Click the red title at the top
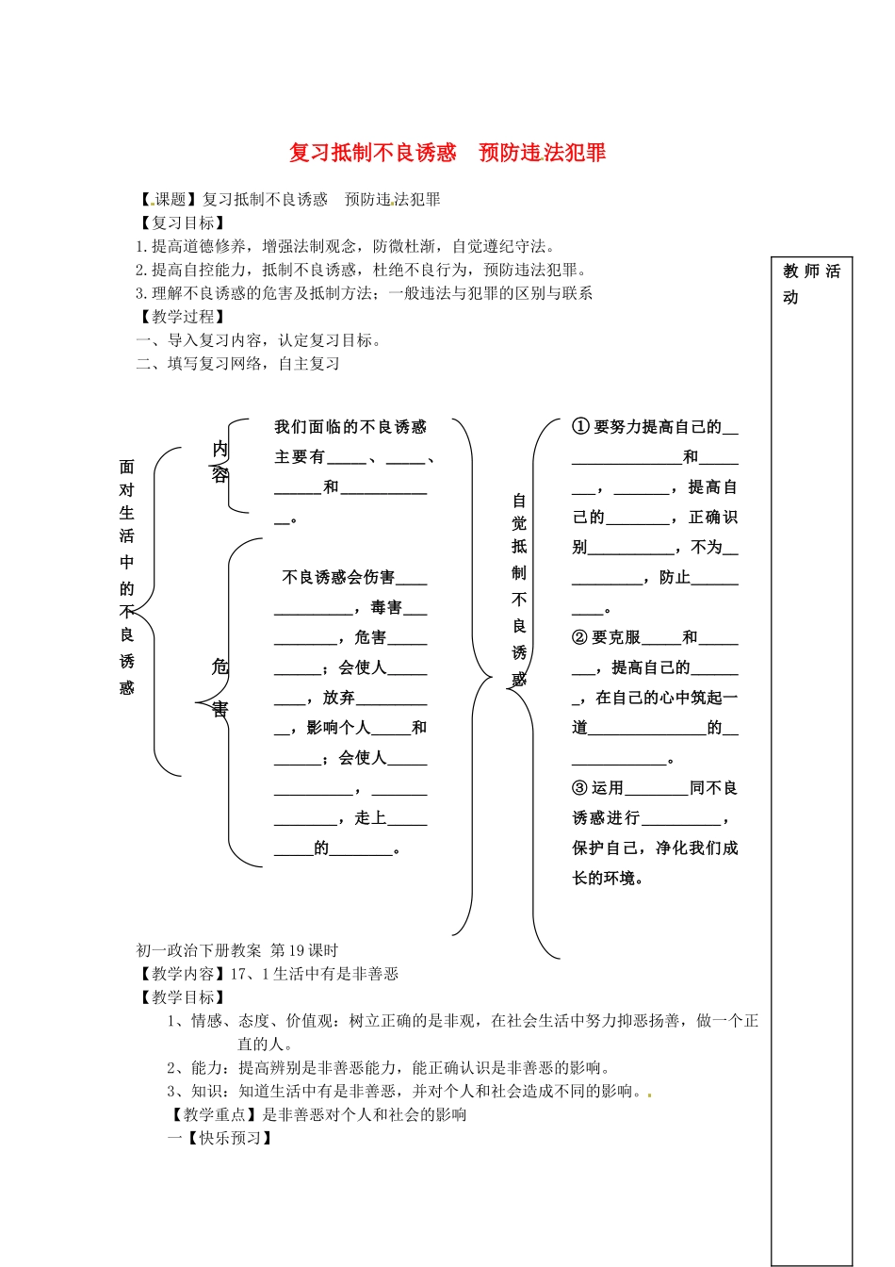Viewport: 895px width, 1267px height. tap(447, 153)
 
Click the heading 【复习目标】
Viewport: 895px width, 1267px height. tap(182, 223)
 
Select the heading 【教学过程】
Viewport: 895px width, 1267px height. tap(182, 317)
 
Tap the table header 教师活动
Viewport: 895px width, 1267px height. tap(810, 284)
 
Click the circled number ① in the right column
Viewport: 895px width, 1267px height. tap(580, 427)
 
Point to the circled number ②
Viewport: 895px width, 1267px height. tap(580, 638)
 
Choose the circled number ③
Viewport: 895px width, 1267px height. tap(580, 788)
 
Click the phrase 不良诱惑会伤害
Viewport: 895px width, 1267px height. tap(338, 578)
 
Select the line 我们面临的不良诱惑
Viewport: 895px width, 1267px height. tap(350, 427)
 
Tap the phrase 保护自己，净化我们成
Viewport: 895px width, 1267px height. tap(655, 848)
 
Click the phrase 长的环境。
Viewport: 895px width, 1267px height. tap(609, 879)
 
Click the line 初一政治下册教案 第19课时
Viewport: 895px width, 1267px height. tap(237, 950)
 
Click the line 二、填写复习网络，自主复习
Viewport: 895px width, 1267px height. tap(238, 364)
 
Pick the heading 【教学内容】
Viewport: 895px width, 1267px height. tap(182, 974)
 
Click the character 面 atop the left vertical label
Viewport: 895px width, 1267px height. tap(127, 467)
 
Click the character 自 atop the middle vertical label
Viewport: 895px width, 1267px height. tap(519, 502)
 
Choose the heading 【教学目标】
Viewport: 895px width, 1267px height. tap(182, 997)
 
